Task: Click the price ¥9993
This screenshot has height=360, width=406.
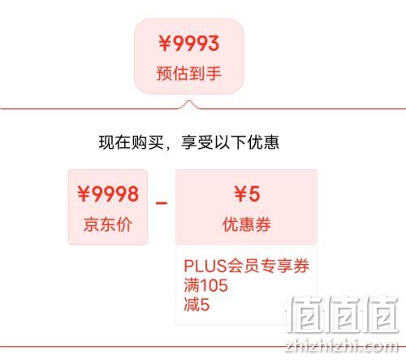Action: pos(189,43)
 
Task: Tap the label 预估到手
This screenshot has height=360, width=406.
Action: pos(189,73)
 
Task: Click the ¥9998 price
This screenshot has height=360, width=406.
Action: pos(108,193)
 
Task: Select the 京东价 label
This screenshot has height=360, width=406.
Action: pos(108,224)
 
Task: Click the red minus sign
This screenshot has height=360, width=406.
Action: pos(162,202)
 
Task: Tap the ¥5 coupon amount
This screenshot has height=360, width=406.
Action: pos(247,193)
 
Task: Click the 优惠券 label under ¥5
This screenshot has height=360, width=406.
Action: pos(247,224)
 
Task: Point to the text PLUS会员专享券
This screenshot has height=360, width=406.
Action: pos(247,266)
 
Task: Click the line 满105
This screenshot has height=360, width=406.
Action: pos(206,285)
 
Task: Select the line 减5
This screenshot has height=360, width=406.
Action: pos(197,305)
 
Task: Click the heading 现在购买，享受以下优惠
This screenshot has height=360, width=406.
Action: pos(189,142)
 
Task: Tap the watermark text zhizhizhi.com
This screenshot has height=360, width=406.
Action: pos(342,346)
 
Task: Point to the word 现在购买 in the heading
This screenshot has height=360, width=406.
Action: pos(132,142)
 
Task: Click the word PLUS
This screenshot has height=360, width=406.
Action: pos(205,266)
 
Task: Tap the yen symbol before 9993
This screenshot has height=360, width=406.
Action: pos(165,44)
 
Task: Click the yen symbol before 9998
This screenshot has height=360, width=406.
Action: pos(84,194)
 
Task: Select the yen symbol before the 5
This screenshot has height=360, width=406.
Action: pos(240,194)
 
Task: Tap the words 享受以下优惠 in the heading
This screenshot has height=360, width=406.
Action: pos(231,142)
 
